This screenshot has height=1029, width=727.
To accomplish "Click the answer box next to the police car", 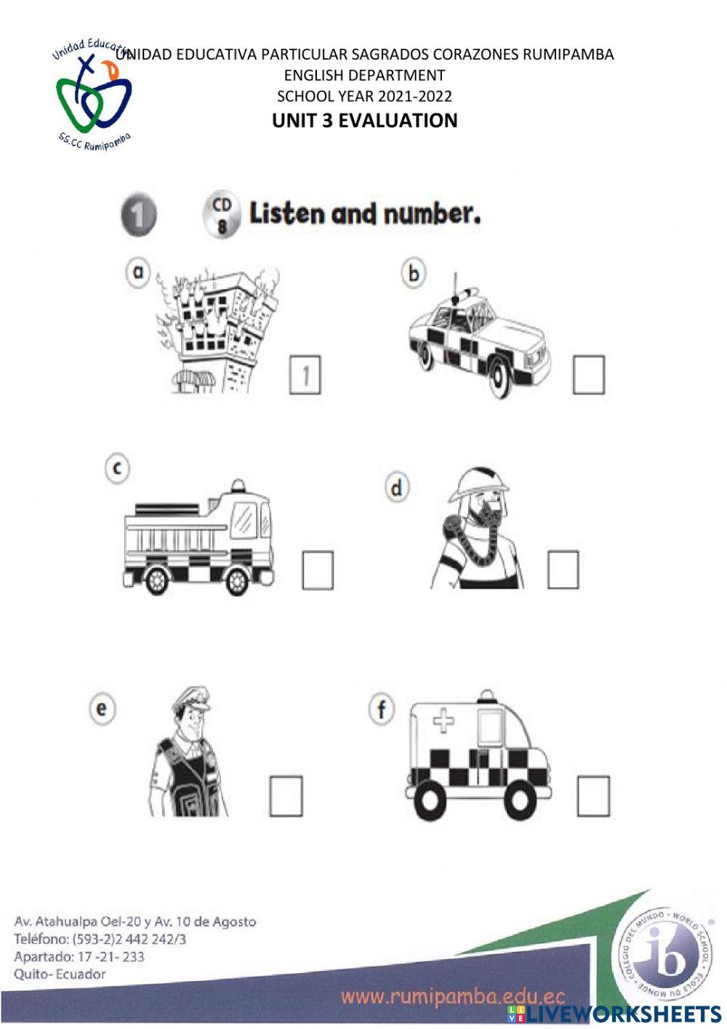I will [588, 375].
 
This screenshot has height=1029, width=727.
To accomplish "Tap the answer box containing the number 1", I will [305, 375].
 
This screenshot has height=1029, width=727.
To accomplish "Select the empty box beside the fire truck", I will [318, 570].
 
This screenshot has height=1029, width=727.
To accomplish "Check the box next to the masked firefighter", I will [563, 569].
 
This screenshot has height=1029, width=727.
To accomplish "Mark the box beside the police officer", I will [286, 796].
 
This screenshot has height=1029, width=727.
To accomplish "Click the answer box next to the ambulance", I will [593, 796].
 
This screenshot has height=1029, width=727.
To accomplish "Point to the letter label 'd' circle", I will [397, 488].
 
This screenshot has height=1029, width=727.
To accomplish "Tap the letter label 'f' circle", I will [382, 709].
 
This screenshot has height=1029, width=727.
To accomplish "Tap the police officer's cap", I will [190, 699].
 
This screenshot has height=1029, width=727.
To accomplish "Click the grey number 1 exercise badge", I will [138, 215].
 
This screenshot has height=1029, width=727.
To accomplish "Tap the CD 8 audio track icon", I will [221, 214].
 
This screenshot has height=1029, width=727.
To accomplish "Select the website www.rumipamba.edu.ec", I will [452, 996].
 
